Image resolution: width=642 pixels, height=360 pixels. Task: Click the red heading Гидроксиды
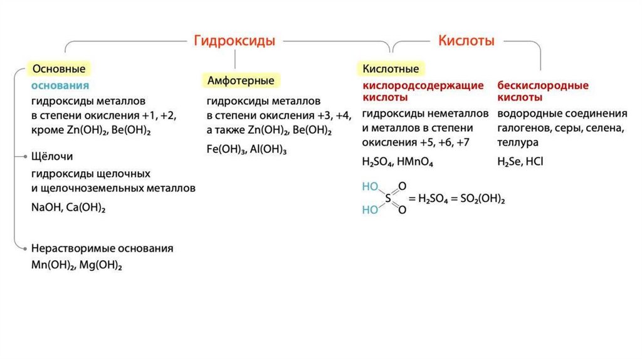[x=234, y=41]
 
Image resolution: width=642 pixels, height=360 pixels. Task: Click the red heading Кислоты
[x=466, y=41]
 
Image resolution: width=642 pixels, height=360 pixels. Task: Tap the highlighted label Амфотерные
[x=241, y=81]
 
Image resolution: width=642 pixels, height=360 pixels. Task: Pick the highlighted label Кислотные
[x=391, y=68]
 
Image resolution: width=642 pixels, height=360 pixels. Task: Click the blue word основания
[x=60, y=85]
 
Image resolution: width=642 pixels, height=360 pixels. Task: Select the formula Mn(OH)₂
[x=52, y=265]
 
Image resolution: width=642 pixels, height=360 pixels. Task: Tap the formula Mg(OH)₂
[x=100, y=265]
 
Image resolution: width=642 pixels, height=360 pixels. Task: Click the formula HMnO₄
[x=415, y=161]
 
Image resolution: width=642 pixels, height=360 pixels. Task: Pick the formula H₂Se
[x=509, y=161]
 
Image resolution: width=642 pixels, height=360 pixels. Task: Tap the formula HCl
[x=535, y=161]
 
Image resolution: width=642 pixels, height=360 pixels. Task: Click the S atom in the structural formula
[x=387, y=198]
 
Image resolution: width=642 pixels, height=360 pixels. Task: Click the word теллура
[x=518, y=142]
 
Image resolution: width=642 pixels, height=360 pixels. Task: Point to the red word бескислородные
[x=543, y=85]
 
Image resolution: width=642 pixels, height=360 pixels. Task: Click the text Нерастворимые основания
[x=102, y=248]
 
